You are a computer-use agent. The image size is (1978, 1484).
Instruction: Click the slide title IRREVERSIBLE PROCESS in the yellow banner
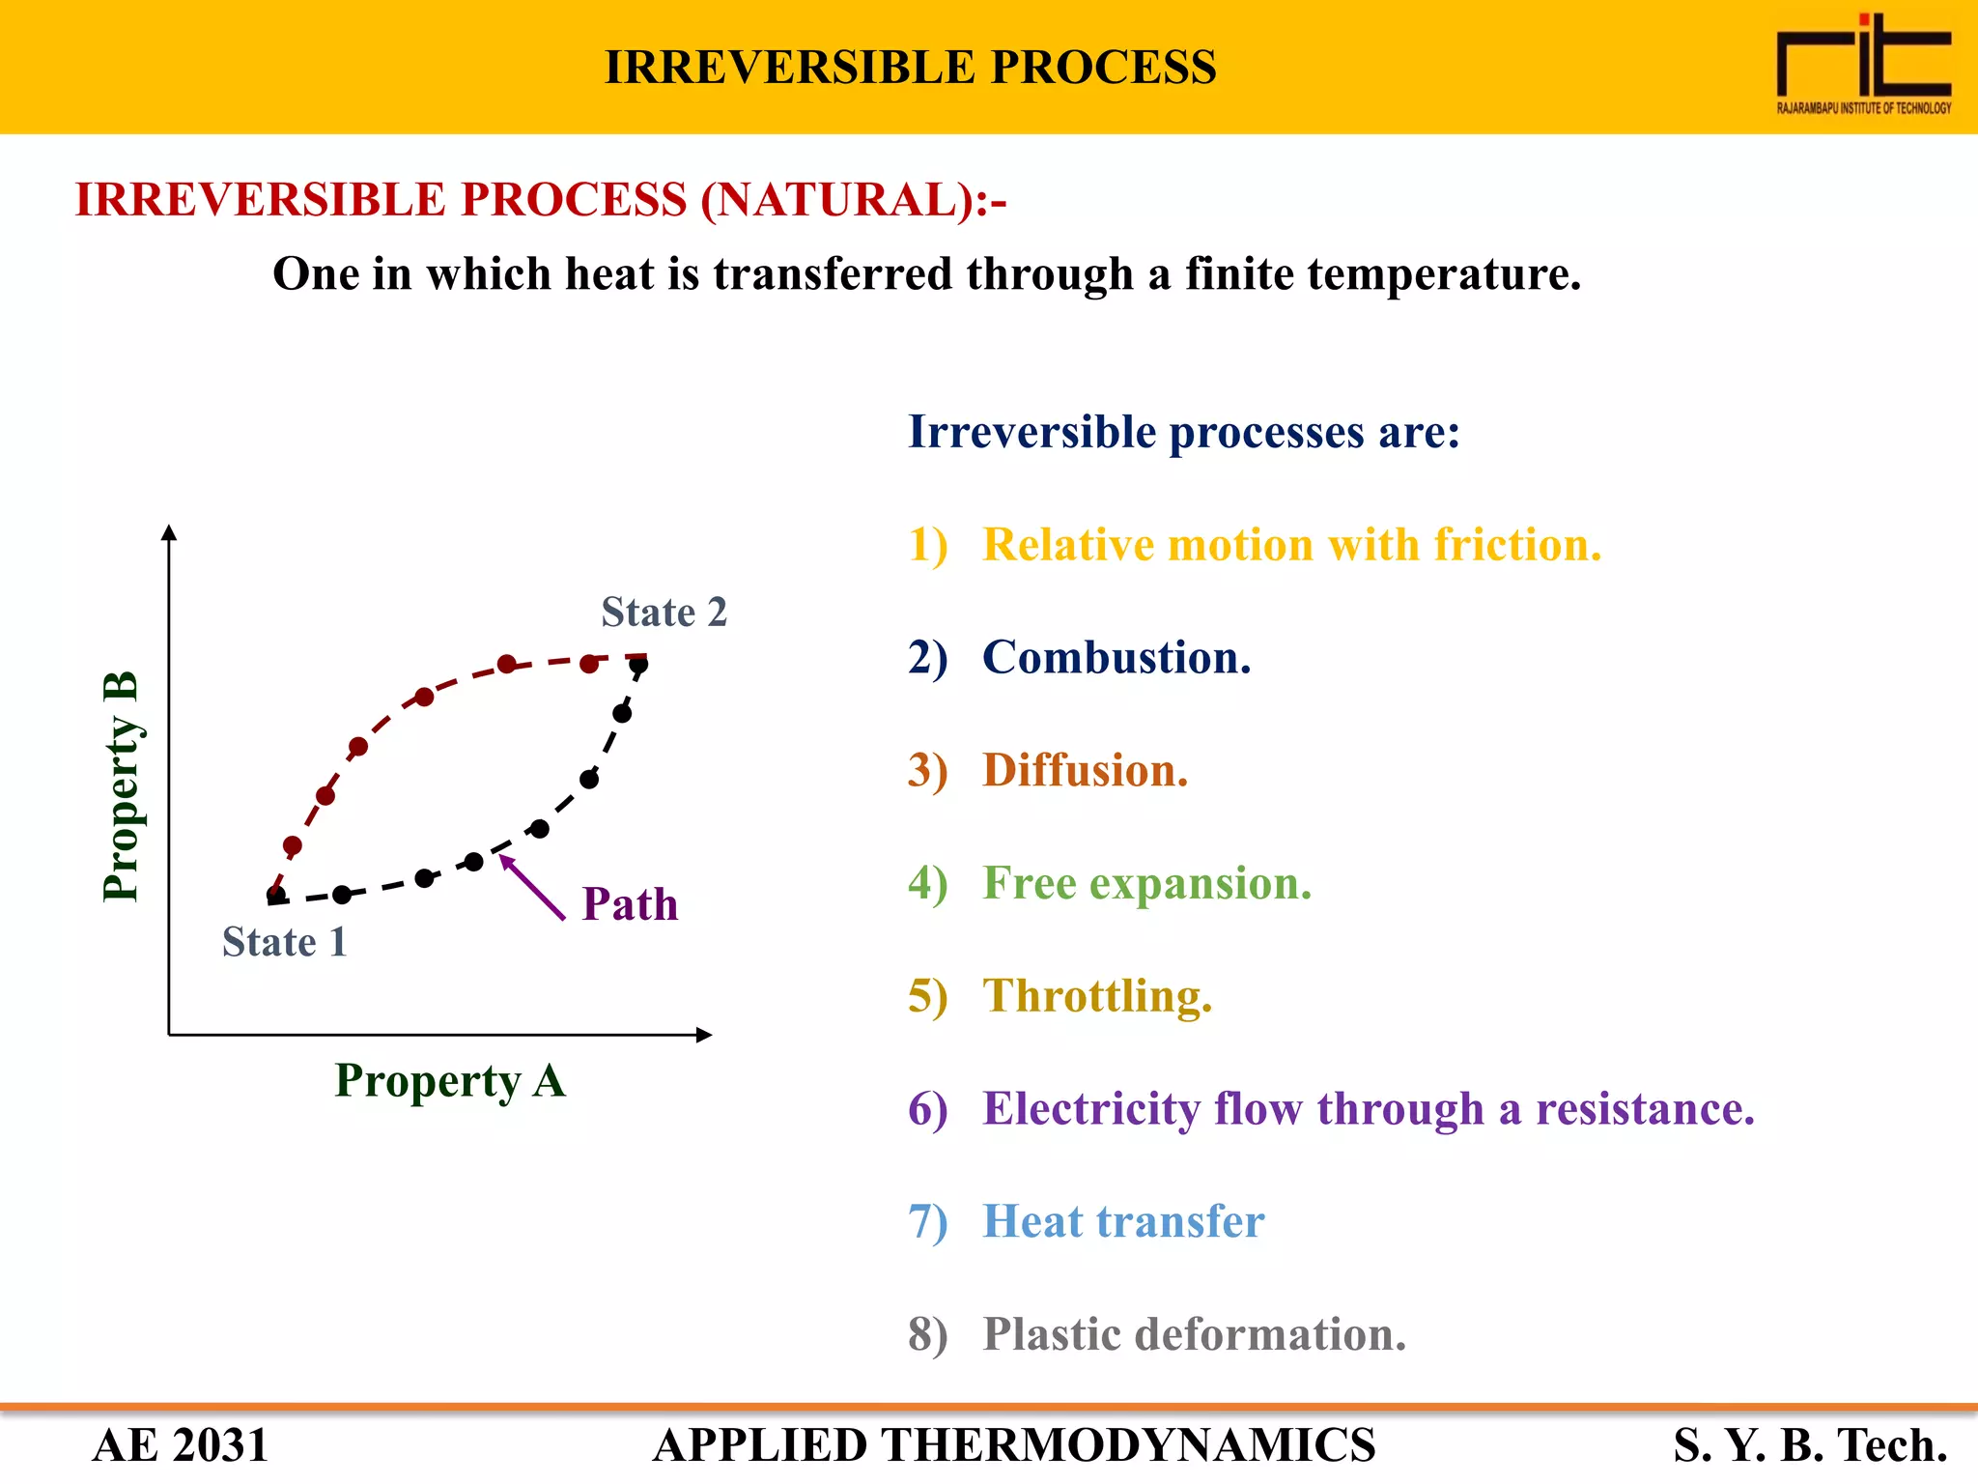910,68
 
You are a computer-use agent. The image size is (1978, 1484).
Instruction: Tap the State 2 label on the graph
664,613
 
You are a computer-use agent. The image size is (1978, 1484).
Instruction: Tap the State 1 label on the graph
284,942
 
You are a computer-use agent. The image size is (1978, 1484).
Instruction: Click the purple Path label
630,905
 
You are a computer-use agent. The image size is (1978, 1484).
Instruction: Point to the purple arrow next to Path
531,887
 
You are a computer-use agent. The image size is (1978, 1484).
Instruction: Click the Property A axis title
450,1080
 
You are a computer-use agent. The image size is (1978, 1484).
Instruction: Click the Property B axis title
122,786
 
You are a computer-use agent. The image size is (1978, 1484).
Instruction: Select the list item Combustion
1116,658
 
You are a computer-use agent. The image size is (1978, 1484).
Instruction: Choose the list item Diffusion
1085,771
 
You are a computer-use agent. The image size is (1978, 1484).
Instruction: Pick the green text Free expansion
1146,883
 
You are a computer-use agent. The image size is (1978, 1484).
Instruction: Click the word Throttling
1096,996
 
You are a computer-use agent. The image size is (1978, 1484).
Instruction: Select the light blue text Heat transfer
1122,1221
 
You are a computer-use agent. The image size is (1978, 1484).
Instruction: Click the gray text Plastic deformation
1194,1334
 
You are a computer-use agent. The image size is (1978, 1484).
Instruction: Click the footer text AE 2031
180,1445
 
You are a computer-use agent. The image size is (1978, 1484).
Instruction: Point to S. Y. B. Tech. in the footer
1809,1445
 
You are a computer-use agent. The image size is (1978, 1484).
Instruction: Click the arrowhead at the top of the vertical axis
169,532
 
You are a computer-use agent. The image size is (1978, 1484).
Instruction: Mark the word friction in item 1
1516,545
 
